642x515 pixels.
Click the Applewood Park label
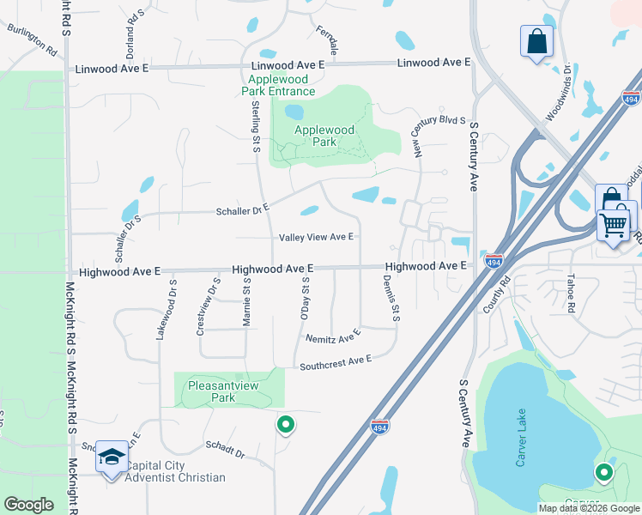click(324, 136)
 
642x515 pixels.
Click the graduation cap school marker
click(112, 457)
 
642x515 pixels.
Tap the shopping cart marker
click(615, 225)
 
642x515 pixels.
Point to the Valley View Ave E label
click(316, 237)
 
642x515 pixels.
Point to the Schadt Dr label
click(225, 450)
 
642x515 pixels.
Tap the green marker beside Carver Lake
click(604, 472)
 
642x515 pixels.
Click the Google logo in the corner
click(28, 505)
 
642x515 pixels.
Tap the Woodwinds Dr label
click(560, 89)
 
